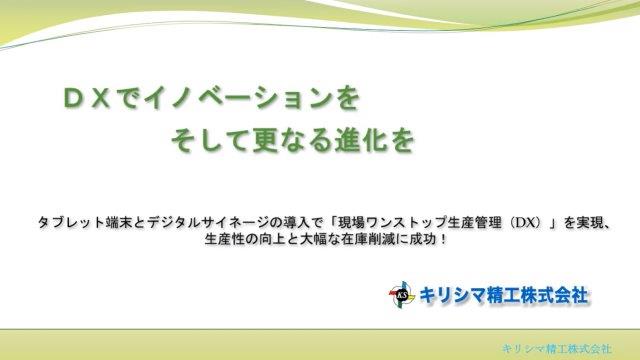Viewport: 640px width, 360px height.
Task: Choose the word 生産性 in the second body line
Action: click(x=225, y=240)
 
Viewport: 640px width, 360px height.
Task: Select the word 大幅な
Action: click(x=322, y=240)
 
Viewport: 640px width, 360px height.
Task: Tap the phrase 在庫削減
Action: click(x=373, y=240)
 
